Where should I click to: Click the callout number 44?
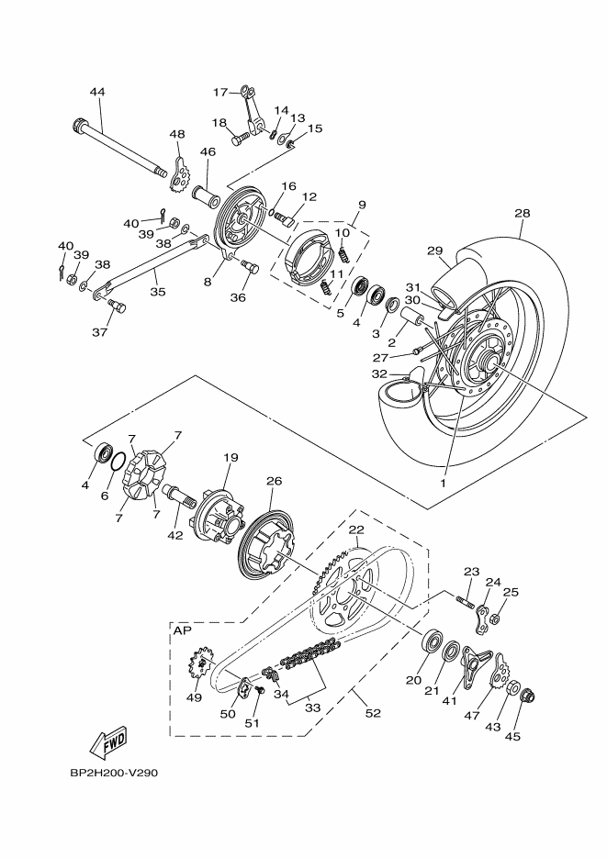click(97, 92)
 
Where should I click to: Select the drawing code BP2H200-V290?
click(115, 773)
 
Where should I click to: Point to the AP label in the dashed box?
click(182, 631)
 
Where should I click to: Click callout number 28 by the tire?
click(522, 214)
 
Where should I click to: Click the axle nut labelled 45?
click(527, 697)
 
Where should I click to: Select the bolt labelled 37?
click(115, 305)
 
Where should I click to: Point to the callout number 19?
click(230, 457)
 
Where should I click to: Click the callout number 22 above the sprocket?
click(355, 530)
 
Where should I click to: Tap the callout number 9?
click(362, 204)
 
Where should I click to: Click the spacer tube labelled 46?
click(206, 195)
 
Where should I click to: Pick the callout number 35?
click(158, 293)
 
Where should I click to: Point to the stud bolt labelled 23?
click(464, 602)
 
